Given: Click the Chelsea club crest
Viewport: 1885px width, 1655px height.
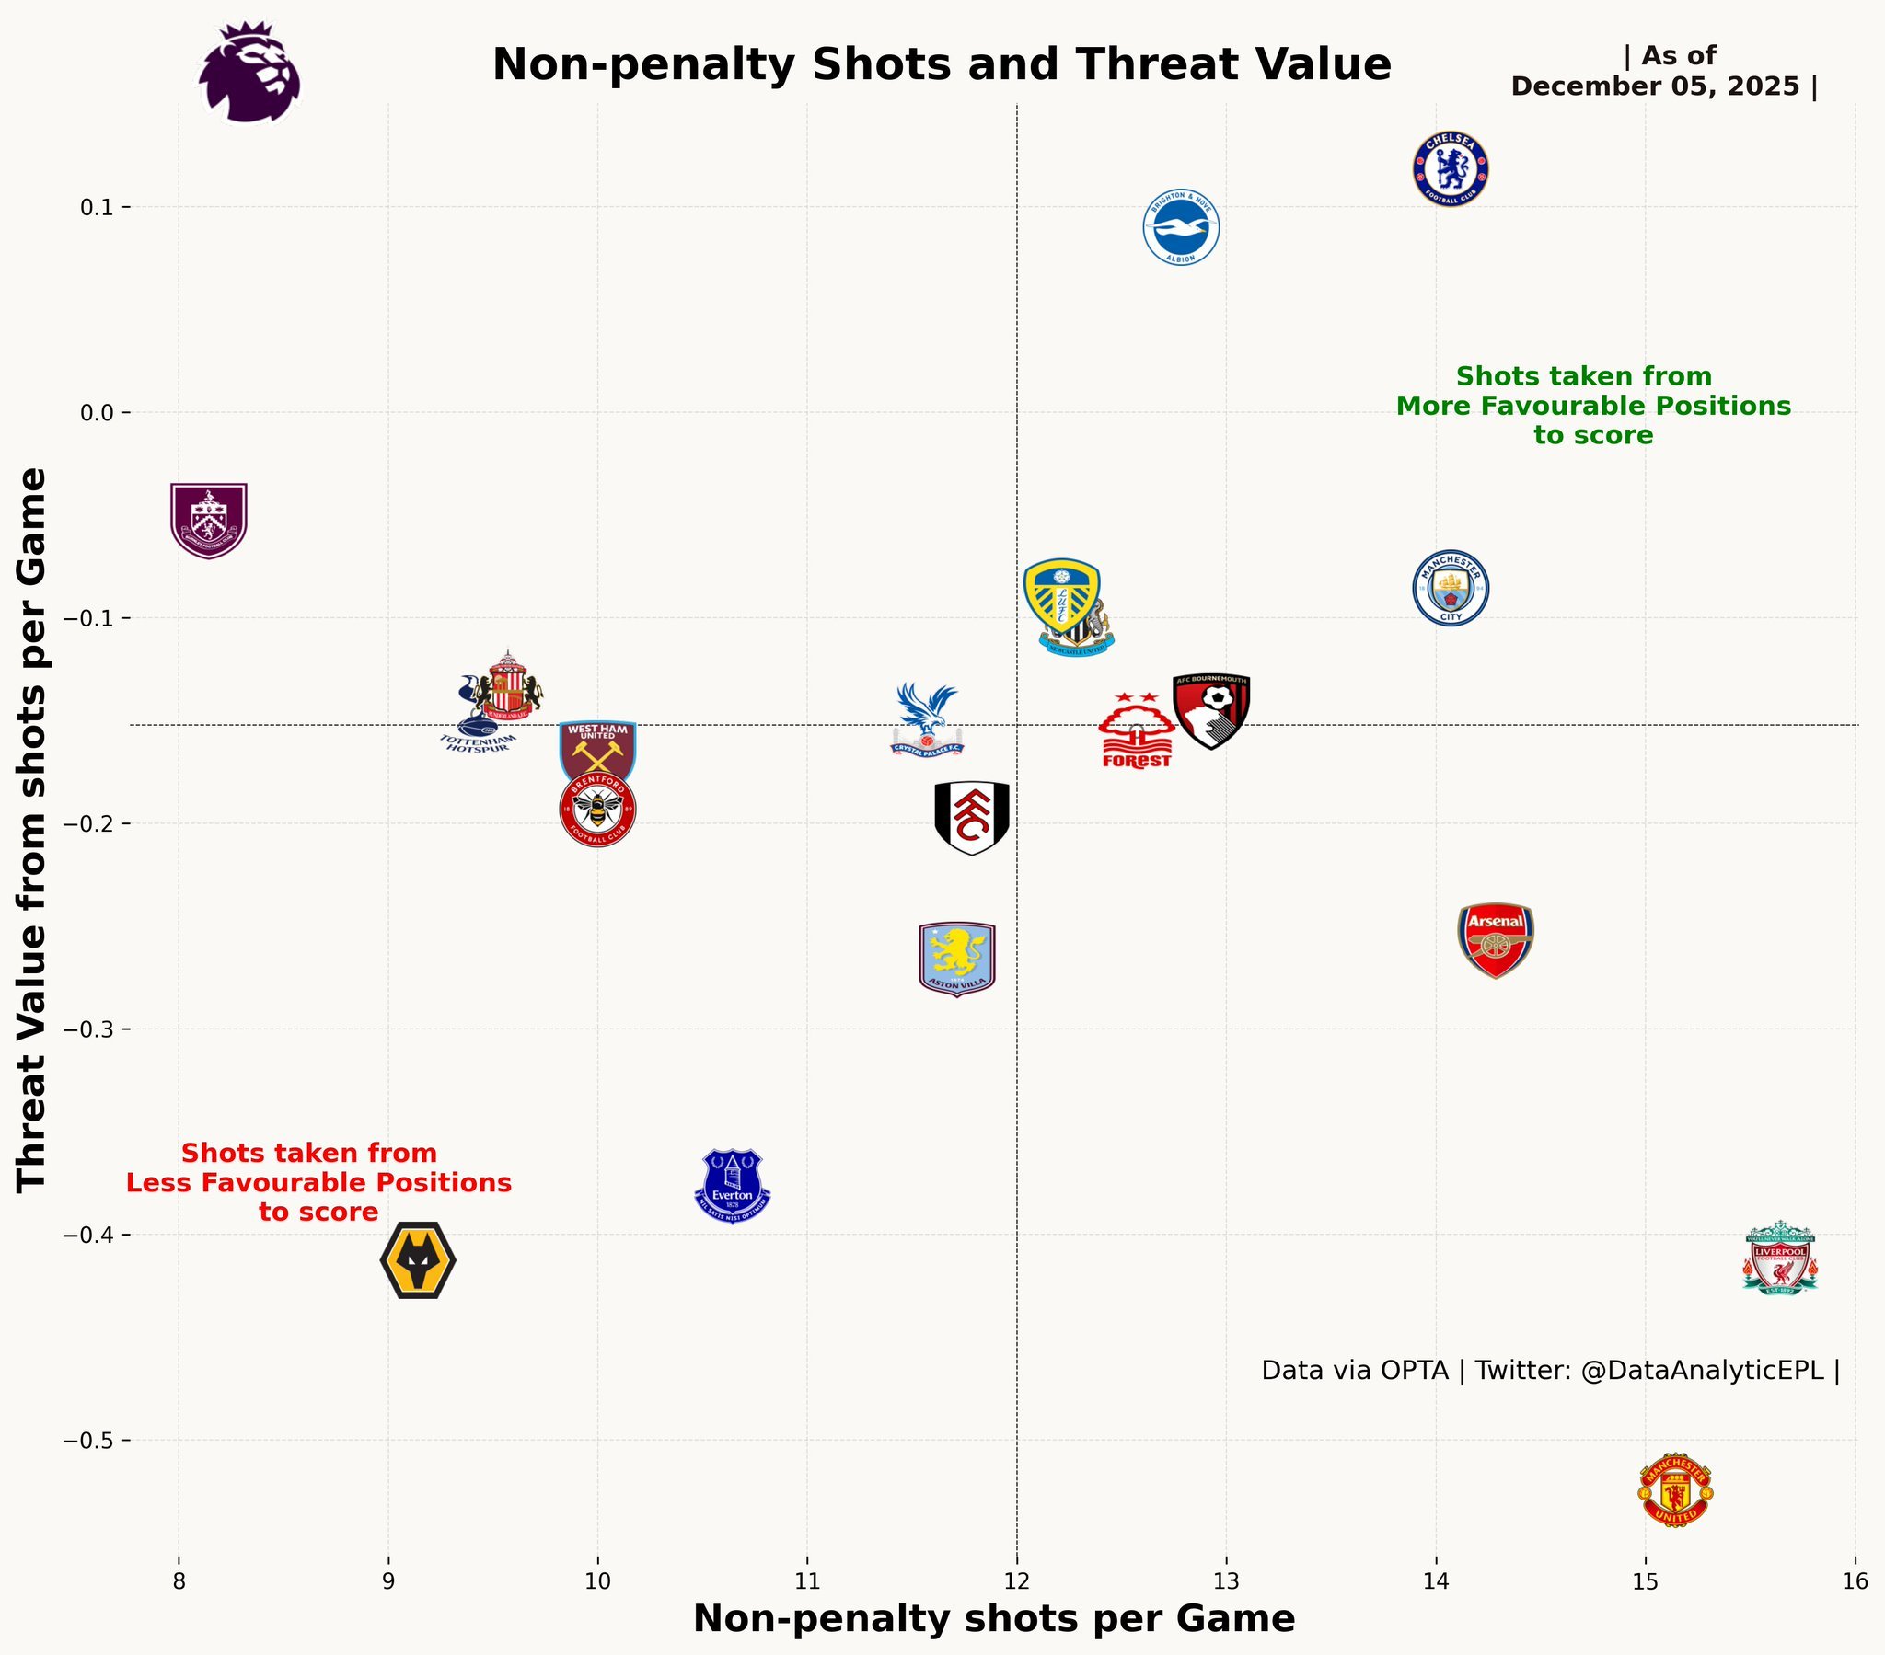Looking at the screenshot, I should pos(1451,169).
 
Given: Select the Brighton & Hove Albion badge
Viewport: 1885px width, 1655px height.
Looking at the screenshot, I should pos(1181,228).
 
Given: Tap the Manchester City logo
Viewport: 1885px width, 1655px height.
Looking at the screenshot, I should pos(1451,588).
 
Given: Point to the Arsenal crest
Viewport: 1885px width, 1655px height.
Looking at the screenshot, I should pos(1495,939).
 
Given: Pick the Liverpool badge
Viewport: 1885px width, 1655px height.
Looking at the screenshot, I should pos(1780,1258).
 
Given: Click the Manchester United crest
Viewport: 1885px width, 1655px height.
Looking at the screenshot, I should pos(1675,1491).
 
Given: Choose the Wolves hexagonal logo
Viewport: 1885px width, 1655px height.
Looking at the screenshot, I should pos(418,1260).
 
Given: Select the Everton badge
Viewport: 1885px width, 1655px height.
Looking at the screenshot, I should pos(733,1186).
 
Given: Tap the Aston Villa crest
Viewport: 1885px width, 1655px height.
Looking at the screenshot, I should pos(957,959).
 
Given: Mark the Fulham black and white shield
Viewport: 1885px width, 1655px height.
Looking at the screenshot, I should pos(971,818).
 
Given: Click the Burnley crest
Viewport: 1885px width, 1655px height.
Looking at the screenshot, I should pos(208,520).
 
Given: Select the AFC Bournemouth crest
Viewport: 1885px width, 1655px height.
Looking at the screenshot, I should pos(1211,710).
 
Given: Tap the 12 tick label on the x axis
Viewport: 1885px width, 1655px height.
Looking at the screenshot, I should pos(1016,1582).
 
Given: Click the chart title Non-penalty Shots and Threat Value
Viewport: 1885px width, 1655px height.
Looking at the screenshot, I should pos(942,65).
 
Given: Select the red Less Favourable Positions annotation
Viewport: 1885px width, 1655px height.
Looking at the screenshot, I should pos(318,1182).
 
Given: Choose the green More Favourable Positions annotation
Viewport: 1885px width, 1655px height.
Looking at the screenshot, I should pos(1592,406).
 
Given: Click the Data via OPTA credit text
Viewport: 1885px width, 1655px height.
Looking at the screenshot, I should pos(1549,1371).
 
